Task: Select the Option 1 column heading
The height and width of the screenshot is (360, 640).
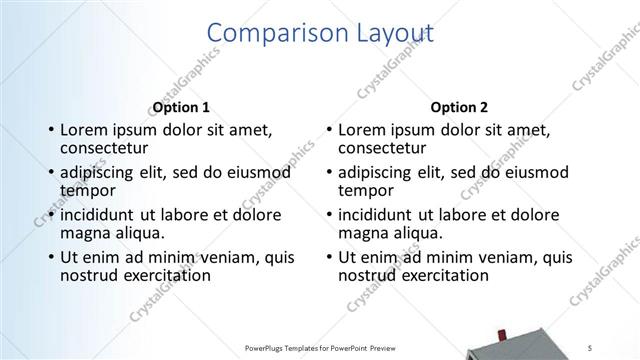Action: point(180,107)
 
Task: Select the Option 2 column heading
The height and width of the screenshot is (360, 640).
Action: point(459,107)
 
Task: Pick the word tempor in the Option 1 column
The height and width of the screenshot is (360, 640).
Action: point(88,190)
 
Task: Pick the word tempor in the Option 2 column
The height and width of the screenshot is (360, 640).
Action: point(366,190)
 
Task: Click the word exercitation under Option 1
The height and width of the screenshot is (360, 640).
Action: point(164,275)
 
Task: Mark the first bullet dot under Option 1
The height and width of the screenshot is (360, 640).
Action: point(50,130)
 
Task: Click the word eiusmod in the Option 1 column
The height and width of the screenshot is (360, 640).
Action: point(258,172)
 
